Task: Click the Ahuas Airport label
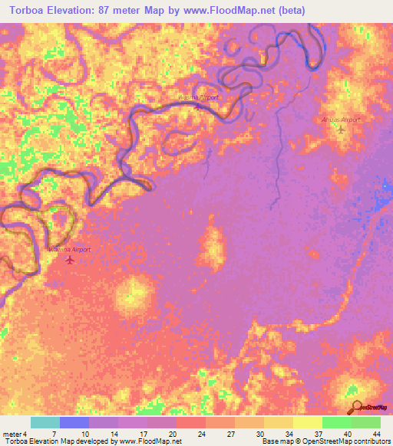point(342,120)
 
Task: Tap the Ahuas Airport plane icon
point(342,130)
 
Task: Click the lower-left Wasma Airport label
point(71,250)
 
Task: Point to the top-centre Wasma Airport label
point(198,98)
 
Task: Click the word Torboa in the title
point(31,11)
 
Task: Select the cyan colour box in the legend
point(45,422)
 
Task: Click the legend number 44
point(376,433)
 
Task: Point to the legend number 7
point(54,433)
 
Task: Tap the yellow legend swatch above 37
point(307,422)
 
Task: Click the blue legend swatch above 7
point(74,422)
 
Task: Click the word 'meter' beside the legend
point(13,433)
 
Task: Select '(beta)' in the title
point(289,11)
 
